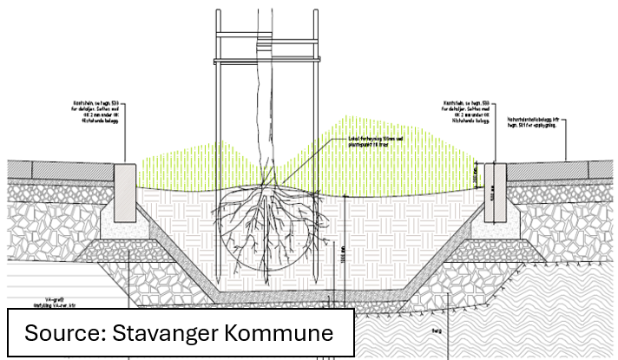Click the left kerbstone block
124,187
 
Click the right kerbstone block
493,187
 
